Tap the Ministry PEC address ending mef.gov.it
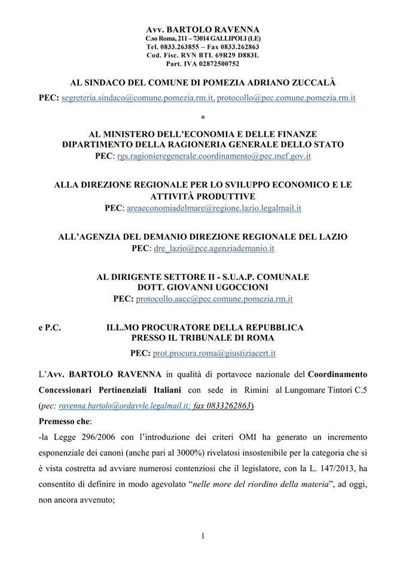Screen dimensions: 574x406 pyautogui.click(x=214, y=156)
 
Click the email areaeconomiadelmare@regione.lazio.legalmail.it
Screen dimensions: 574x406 pyautogui.click(x=212, y=208)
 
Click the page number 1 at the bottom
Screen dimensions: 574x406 pyautogui.click(x=203, y=536)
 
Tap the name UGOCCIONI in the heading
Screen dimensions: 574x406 pyautogui.click(x=242, y=287)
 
